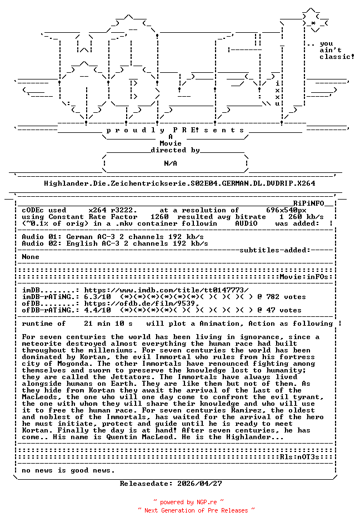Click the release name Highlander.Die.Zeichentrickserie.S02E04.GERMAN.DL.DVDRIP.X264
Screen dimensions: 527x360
tap(179, 183)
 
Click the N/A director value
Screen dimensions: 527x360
tap(171, 163)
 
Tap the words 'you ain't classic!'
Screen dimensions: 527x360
tap(336, 50)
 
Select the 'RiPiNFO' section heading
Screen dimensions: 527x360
tap(312, 203)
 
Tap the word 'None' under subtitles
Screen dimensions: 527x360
tap(31, 257)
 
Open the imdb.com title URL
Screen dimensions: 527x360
tap(166, 290)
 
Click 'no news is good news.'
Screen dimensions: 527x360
tap(68, 470)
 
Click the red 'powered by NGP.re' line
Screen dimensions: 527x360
tap(188, 502)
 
